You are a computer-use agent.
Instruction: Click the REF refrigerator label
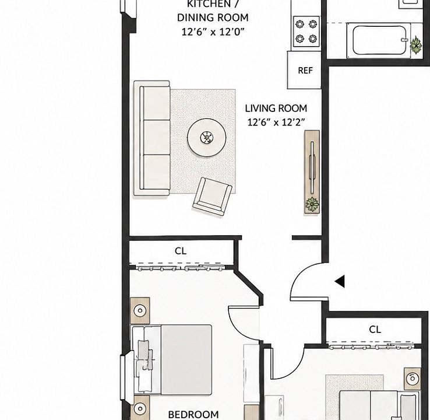click(305, 71)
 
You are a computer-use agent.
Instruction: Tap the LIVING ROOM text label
click(276, 108)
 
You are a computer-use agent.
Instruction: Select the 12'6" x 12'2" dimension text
click(276, 122)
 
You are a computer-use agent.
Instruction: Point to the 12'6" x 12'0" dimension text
click(213, 32)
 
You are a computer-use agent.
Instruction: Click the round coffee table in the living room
click(207, 138)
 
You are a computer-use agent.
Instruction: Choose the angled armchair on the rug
click(213, 196)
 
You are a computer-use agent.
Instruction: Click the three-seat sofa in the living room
click(151, 138)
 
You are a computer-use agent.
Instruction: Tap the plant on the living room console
click(312, 204)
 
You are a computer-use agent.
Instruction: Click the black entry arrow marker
click(340, 281)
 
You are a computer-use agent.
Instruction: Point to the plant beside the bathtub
click(416, 44)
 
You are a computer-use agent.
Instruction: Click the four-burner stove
click(306, 32)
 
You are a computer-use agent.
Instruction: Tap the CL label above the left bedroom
click(181, 251)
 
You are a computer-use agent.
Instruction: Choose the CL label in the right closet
click(375, 330)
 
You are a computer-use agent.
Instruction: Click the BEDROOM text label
click(193, 415)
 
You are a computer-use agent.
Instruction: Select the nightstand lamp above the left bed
click(140, 310)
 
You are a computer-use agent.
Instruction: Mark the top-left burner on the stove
click(300, 24)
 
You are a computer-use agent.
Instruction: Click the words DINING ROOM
click(213, 17)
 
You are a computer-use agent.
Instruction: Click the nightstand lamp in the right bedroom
click(413, 379)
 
